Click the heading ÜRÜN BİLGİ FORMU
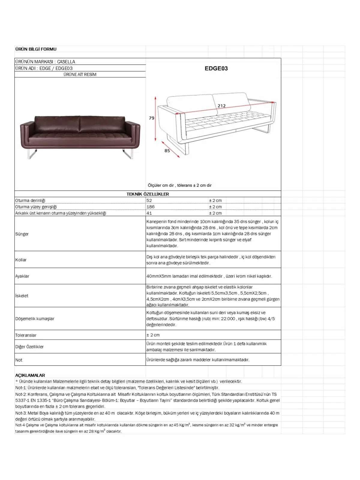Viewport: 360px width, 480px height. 36,49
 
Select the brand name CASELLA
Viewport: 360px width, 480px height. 66,62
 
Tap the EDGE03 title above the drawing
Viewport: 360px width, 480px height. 216,68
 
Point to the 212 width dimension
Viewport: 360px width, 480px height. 221,106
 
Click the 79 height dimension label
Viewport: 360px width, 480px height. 151,118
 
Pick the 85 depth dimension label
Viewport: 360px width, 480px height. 167,151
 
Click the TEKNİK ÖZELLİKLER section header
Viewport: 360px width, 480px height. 148,194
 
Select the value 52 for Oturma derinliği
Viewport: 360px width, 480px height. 149,200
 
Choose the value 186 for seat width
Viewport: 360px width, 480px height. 150,207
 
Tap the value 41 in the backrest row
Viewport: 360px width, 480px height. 149,213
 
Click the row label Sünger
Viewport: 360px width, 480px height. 22,234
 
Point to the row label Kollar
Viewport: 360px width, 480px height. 21,260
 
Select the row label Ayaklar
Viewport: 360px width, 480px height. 22,276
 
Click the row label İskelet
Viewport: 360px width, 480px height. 22,296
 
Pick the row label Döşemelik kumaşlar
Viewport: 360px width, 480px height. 35,319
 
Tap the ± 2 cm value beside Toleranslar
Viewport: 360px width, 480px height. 153,335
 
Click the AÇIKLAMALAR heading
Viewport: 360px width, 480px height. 30,375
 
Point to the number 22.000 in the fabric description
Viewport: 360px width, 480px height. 228,319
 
